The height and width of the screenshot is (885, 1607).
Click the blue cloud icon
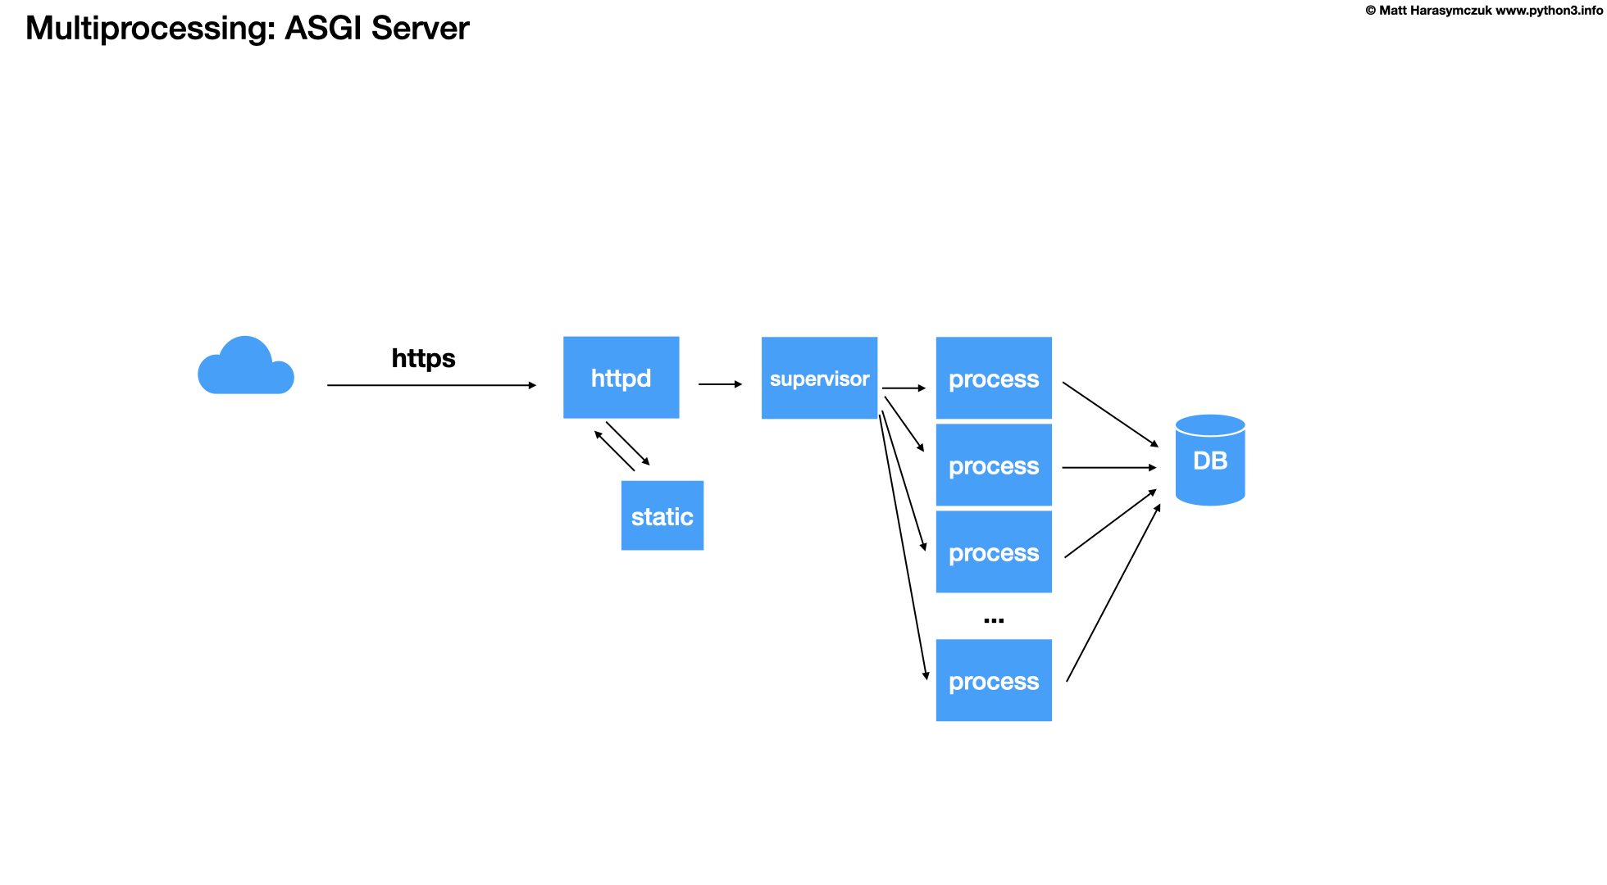245,369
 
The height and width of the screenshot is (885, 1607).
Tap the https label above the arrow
423,358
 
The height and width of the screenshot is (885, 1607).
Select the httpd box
621,378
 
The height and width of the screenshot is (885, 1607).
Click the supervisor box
819,378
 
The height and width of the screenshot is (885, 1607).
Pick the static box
662,515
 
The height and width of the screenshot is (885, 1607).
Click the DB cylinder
1209,461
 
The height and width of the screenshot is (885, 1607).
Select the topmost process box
993,378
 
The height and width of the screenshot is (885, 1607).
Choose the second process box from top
993,465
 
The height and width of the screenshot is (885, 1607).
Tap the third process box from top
993,551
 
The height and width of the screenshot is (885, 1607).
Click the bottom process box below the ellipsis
993,680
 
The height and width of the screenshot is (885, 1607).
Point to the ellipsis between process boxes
993,620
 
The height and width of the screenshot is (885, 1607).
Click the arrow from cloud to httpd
430,385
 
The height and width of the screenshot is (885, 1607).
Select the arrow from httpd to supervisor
719,383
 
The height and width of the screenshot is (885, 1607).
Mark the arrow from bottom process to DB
1113,592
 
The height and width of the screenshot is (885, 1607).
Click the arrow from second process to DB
1109,467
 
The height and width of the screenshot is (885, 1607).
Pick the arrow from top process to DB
1110,414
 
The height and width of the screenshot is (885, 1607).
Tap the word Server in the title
420,29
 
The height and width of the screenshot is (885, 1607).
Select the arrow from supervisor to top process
904,388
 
